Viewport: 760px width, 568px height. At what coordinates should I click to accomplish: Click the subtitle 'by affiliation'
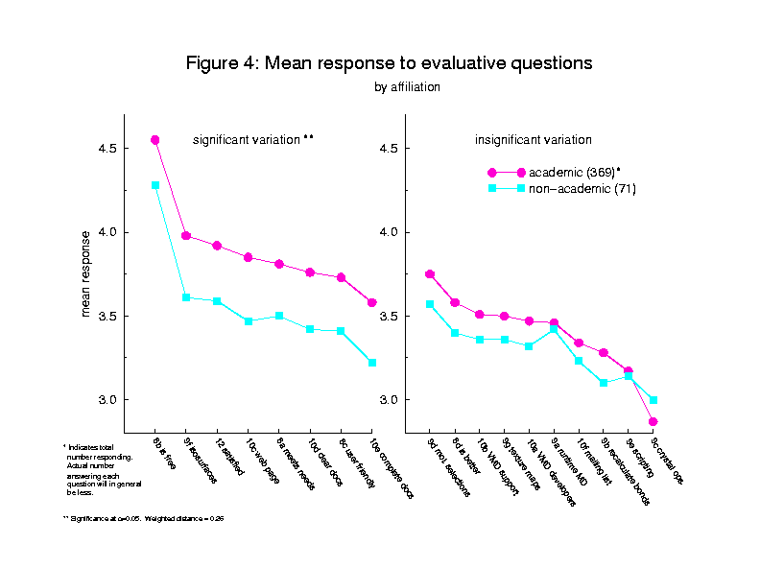[407, 87]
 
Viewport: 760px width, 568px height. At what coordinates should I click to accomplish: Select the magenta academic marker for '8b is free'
[154, 140]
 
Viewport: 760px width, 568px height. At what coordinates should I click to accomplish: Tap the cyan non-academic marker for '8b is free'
[154, 185]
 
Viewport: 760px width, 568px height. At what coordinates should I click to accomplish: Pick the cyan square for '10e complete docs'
[372, 363]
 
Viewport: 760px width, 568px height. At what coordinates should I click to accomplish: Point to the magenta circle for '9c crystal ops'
[653, 421]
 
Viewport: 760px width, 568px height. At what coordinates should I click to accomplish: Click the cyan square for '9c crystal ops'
[653, 400]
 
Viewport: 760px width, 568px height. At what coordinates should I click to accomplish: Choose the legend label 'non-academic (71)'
[582, 189]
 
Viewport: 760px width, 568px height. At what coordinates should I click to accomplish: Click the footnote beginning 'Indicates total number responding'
[92, 470]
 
